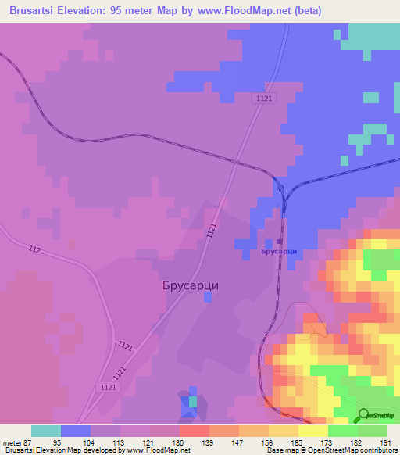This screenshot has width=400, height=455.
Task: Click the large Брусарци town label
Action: [184, 285]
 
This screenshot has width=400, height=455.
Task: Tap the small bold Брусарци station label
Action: [280, 252]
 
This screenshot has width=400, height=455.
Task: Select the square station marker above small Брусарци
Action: [280, 241]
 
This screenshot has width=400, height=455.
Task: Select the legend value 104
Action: [91, 442]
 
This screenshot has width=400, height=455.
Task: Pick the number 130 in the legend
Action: [179, 442]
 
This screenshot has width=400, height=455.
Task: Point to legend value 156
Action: [268, 442]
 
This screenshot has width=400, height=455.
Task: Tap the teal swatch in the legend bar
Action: [46, 431]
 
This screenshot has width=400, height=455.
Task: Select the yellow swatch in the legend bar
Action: [312, 431]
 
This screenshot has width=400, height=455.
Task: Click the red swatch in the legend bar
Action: [194, 431]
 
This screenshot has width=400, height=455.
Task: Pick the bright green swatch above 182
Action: [342, 431]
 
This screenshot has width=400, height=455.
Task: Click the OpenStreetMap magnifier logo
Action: [363, 415]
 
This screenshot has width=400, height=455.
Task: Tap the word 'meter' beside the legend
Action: [12, 442]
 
